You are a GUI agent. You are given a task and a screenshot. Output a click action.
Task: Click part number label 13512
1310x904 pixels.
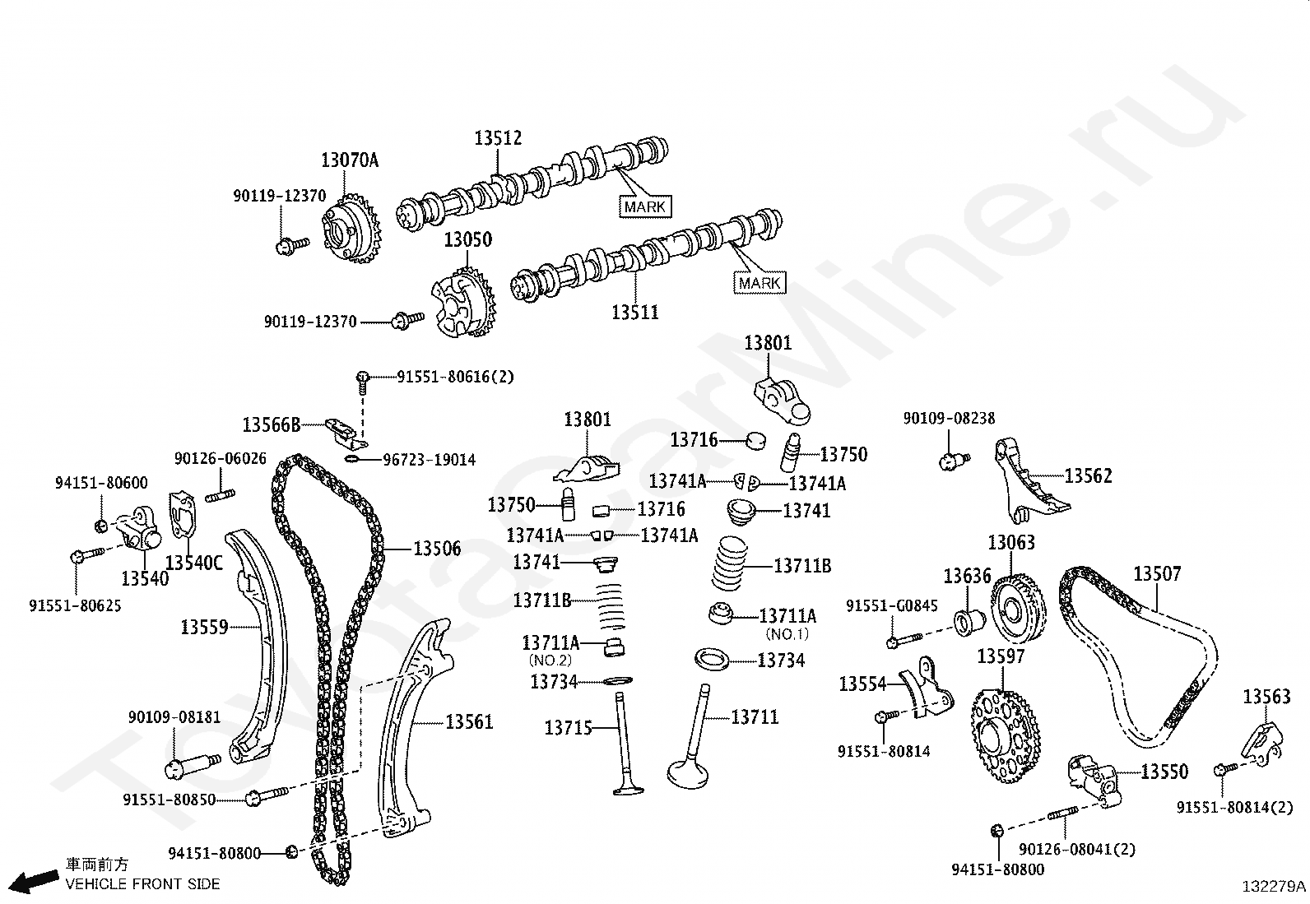coord(498,138)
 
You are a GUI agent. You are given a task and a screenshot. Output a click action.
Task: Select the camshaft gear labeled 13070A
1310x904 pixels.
coord(350,229)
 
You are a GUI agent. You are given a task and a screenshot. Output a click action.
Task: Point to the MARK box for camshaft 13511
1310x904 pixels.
coord(760,283)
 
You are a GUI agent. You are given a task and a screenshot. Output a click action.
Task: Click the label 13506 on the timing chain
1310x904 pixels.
coord(437,549)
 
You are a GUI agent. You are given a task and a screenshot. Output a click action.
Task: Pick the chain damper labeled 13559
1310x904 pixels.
coord(254,642)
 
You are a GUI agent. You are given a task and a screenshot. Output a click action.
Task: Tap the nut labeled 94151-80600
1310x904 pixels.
coord(100,525)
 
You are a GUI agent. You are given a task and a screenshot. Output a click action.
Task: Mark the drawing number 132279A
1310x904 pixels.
coord(1274,886)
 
